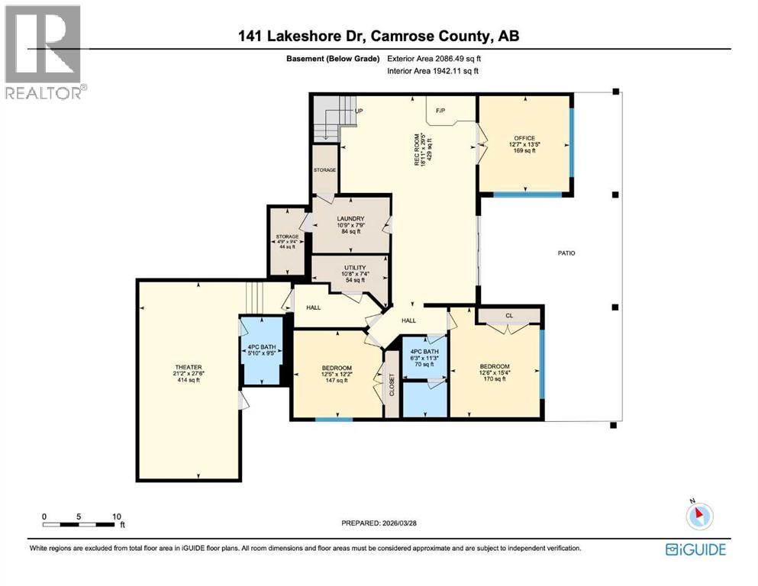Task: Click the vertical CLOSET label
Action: tap(392, 384)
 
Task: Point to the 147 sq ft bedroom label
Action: tap(336, 374)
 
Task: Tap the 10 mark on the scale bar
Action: tap(116, 516)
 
